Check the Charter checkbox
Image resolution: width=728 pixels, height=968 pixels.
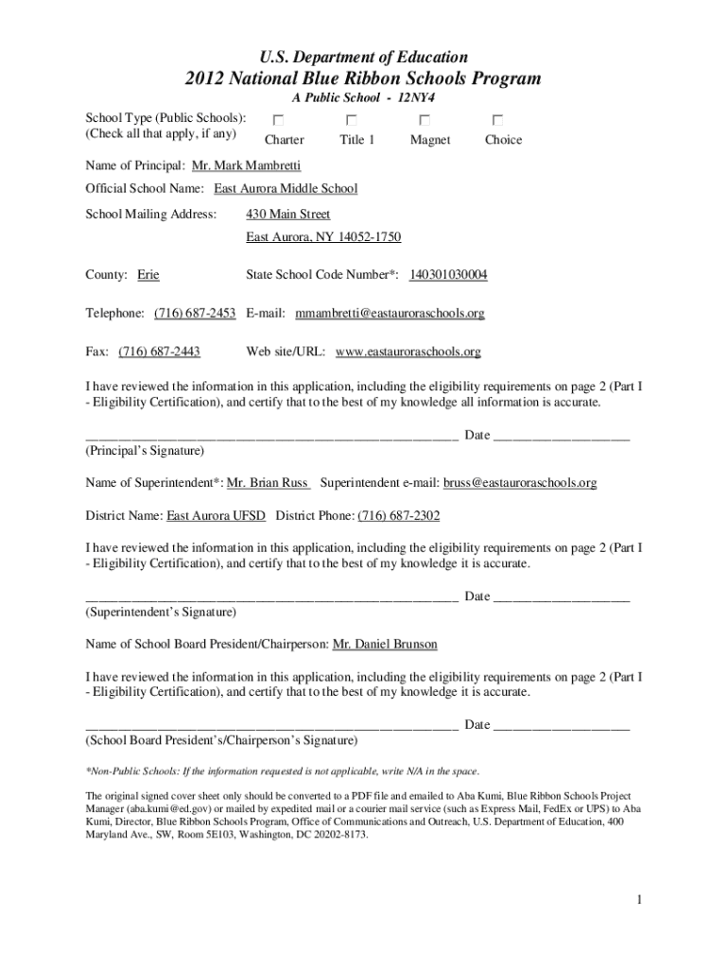tap(278, 120)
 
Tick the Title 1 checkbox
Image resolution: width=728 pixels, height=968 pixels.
tap(352, 120)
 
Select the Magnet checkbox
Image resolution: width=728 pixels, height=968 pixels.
tap(425, 120)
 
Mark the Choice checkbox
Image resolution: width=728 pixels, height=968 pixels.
tap(497, 120)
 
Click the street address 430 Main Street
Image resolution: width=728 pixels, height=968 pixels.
tap(287, 215)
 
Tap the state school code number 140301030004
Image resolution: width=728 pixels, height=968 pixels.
tap(448, 275)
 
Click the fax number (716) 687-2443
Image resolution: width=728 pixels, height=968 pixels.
tap(159, 352)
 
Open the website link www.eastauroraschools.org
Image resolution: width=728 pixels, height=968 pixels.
tap(407, 352)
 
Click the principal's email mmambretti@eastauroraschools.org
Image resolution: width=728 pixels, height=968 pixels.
tap(390, 313)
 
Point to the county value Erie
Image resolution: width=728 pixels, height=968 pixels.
tap(148, 275)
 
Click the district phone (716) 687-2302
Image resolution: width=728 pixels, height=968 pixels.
tap(399, 516)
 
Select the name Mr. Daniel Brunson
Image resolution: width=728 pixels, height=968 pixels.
tap(385, 644)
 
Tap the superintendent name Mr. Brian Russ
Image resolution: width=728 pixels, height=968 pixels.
tap(269, 483)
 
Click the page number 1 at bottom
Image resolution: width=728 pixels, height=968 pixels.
tap(640, 900)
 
